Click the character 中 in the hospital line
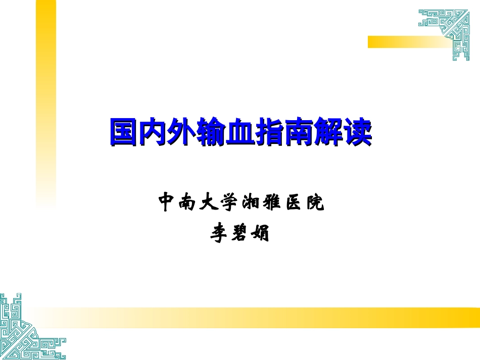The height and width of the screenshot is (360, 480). pos(167,202)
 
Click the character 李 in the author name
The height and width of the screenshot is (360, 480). pos(220,234)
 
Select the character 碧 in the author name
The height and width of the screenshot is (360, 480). pos(240,234)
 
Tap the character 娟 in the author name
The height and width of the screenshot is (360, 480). pos(260,234)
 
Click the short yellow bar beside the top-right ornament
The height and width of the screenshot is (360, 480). pos(399,42)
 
